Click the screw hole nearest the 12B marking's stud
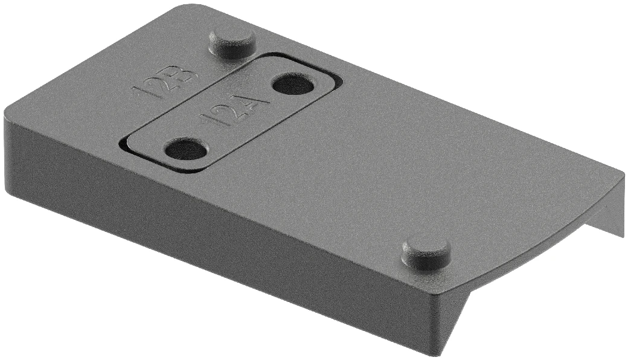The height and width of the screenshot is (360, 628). tap(293, 83)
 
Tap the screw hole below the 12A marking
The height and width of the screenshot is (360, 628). tap(186, 148)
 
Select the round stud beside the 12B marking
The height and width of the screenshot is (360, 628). tap(232, 42)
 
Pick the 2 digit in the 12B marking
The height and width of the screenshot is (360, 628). tap(163, 84)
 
